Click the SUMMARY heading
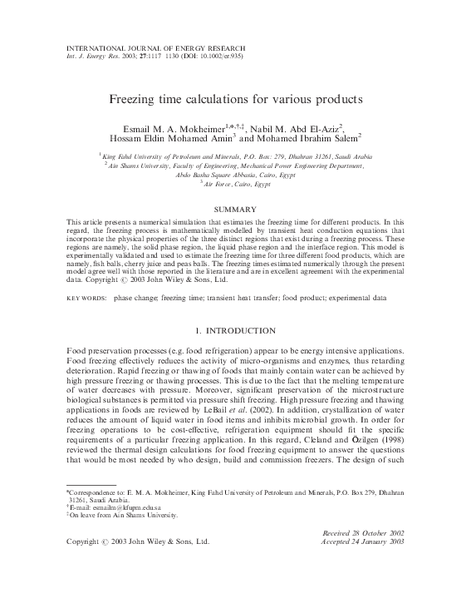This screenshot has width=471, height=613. [235, 210]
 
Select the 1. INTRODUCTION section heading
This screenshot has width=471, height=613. [235, 308]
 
